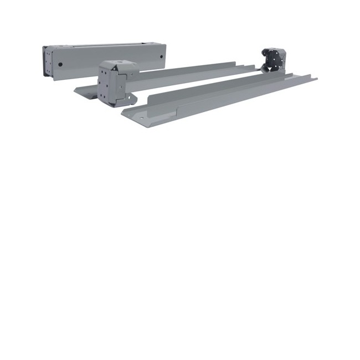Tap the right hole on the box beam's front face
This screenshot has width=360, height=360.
coord(161,56)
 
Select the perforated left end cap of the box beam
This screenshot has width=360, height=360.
coord(49,63)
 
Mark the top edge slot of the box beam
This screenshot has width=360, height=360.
coord(105,45)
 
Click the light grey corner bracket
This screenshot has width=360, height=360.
coord(117,83)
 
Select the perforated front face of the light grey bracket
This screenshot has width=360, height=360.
coord(105,86)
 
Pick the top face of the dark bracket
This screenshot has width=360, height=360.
coord(274,50)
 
